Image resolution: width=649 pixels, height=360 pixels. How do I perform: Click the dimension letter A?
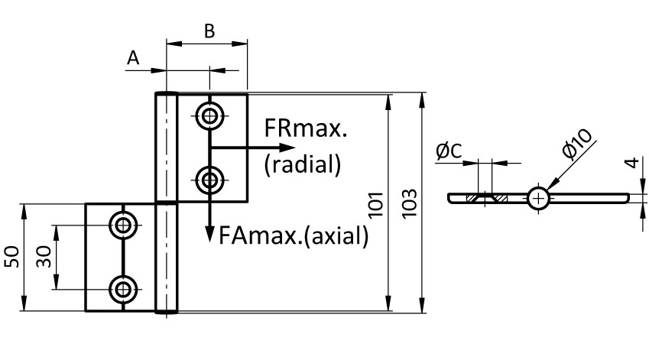[x=134, y=58]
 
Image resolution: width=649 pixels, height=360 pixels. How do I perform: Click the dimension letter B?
[x=209, y=31]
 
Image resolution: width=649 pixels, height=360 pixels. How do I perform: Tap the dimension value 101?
[x=375, y=204]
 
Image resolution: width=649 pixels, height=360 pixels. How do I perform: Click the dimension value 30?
[x=43, y=258]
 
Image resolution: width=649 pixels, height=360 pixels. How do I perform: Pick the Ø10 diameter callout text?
[x=578, y=143]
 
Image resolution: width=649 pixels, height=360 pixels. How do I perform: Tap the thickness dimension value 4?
[x=629, y=164]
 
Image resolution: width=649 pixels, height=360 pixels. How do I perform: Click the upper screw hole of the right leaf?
[x=209, y=116]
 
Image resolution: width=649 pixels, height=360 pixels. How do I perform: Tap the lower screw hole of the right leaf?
[x=209, y=180]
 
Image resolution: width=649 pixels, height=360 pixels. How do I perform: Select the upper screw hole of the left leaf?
[x=122, y=225]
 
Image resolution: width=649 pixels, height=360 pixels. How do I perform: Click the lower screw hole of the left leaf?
[x=122, y=289]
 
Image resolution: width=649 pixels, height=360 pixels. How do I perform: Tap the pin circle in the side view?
[x=538, y=199]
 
